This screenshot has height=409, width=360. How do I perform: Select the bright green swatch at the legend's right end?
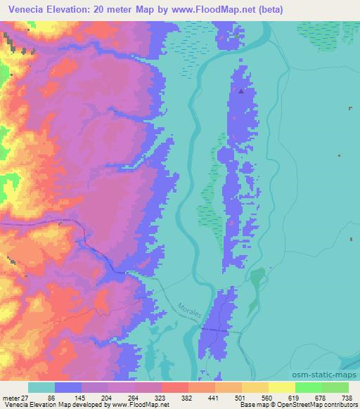335,387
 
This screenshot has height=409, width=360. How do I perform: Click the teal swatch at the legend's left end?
41,387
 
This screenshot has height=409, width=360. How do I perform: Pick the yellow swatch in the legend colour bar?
281,387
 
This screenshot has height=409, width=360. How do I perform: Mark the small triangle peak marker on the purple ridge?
241,91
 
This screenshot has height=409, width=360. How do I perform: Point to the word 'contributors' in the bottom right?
336,404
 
